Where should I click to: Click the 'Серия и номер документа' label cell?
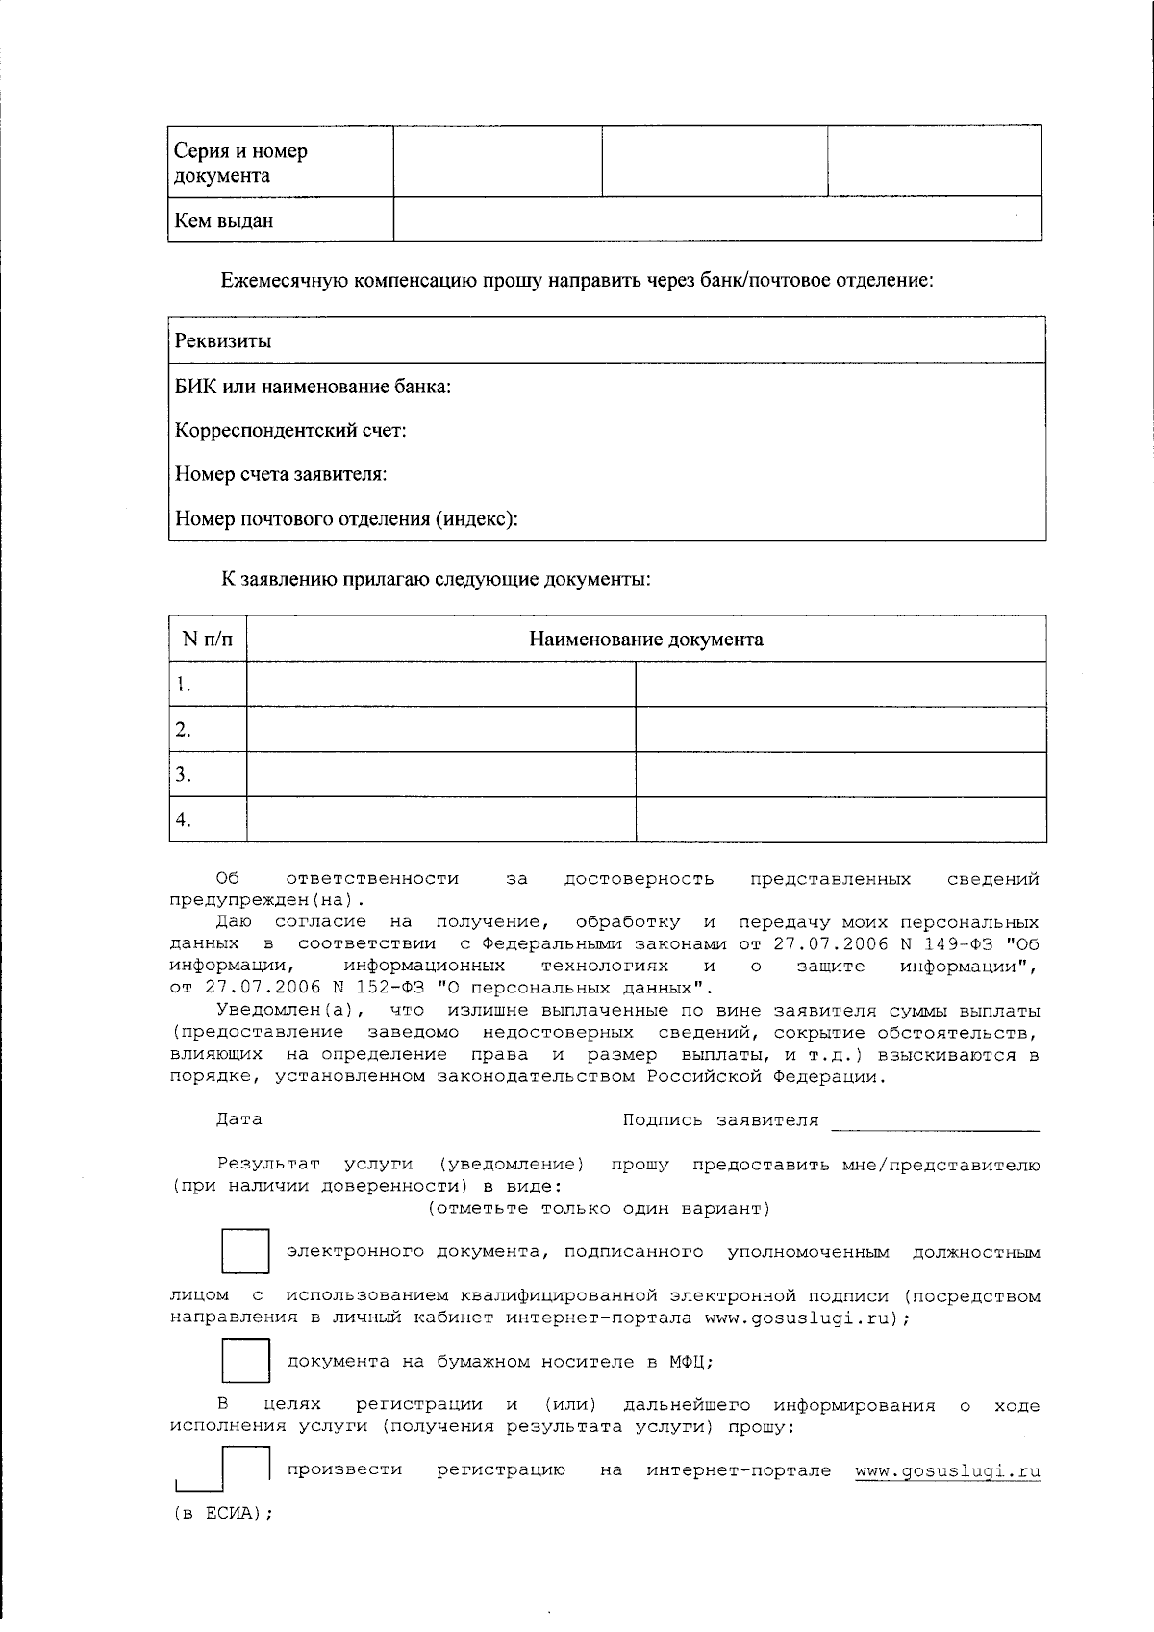[240, 163]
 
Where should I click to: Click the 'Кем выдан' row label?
[224, 221]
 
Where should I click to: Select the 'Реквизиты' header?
[223, 341]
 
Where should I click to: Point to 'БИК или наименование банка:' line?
[313, 387]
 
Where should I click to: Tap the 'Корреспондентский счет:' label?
[290, 431]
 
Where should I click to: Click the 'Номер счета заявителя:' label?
[281, 475]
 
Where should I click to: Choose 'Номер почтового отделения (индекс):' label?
[346, 519]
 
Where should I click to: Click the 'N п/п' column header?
[208, 640]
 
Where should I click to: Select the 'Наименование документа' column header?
[646, 640]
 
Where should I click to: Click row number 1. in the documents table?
[185, 685]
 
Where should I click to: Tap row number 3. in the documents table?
[185, 775]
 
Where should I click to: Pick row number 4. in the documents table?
[185, 820]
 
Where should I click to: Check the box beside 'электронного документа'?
[246, 1251]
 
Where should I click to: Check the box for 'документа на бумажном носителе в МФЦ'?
[246, 1361]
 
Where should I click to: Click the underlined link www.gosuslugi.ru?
[947, 1470]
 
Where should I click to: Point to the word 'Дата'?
[238, 1119]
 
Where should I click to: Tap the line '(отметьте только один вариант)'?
[599, 1208]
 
